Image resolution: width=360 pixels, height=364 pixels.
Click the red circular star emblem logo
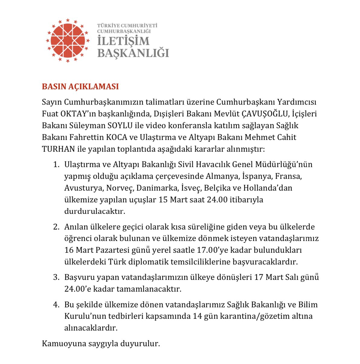tap(67, 40)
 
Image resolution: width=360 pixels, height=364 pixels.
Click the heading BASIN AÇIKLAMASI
tap(80, 87)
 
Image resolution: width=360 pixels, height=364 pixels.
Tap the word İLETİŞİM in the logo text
tap(123, 41)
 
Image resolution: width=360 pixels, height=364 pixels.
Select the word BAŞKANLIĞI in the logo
tap(133, 53)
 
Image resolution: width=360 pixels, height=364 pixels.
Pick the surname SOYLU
tap(120, 125)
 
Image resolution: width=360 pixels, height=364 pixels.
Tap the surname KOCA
tap(117, 137)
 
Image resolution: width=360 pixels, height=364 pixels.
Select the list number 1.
tap(56, 164)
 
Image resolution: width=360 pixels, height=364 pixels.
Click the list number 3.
tap(56, 277)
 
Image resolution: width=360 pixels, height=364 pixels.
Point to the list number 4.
tap(56, 305)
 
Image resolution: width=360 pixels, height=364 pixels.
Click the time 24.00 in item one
tap(217, 200)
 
